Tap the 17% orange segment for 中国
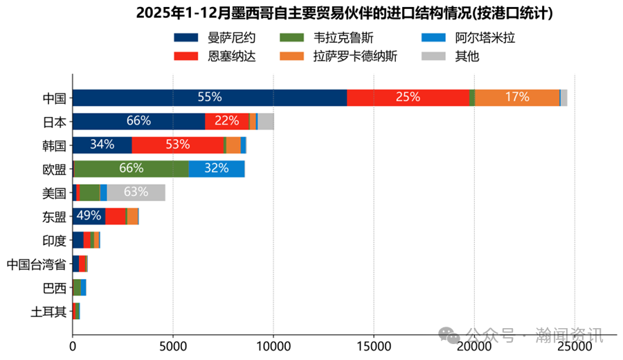pos(516,98)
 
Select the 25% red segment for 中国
pos(408,98)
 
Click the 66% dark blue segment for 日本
pos(138,121)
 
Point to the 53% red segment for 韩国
pos(178,145)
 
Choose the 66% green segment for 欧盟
pos(131,168)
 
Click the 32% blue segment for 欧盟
pos(217,168)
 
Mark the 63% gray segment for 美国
pos(136,192)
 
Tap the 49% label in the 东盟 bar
pos(89,216)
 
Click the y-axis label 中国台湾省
pos(36,264)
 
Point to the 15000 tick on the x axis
pos(374,341)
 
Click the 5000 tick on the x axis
pos(173,341)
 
